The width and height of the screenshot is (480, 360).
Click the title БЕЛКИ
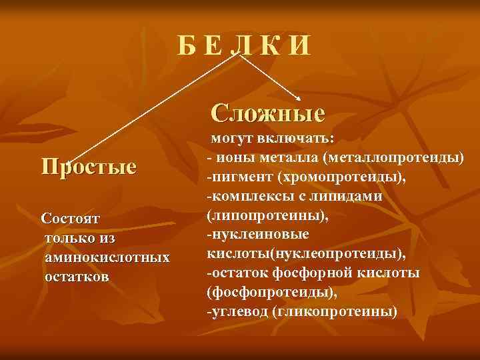(244, 45)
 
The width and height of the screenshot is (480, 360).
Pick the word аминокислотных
(107, 256)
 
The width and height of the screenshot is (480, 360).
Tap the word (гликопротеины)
(335, 312)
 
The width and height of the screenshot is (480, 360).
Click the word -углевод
(237, 312)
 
